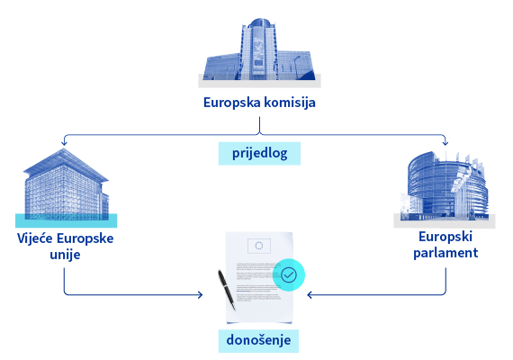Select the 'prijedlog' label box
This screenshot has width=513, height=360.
[259, 153]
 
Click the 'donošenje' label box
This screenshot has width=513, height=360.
[258, 341]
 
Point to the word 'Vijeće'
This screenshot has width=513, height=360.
[35, 238]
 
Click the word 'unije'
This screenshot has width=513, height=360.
[65, 255]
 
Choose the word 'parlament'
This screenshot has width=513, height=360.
[445, 253]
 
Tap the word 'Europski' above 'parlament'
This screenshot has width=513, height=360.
[445, 237]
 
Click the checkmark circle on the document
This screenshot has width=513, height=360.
[289, 274]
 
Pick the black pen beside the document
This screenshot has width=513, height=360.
[227, 290]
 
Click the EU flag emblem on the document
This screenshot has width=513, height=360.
[259, 246]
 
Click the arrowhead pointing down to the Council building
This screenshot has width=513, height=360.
[64, 143]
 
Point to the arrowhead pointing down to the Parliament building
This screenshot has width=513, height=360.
[445, 143]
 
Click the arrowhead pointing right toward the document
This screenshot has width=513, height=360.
[200, 295]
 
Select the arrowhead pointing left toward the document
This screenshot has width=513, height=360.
[310, 295]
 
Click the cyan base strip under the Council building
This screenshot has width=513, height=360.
[66, 220]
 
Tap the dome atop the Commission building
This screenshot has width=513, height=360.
[259, 23]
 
